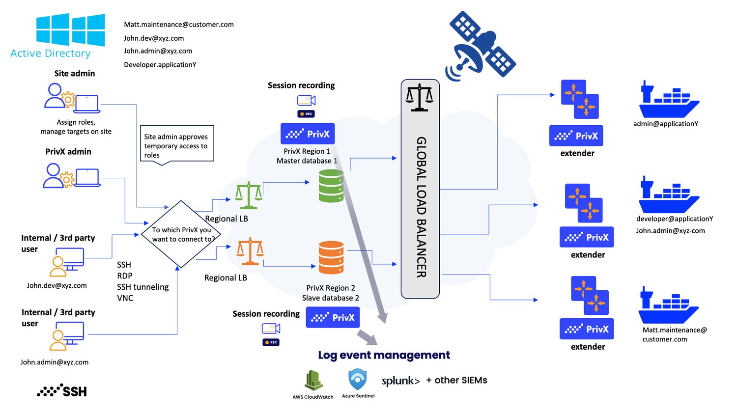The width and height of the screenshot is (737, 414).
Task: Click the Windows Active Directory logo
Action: (70, 30)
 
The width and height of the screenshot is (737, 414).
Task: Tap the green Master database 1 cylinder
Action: (331, 186)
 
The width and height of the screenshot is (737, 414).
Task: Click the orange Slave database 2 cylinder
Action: (331, 257)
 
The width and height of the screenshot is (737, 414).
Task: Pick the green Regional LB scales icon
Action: (249, 195)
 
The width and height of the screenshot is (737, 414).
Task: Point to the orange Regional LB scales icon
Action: (250, 251)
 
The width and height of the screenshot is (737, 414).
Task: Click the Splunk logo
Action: (400, 381)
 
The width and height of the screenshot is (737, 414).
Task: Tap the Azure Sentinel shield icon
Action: (358, 380)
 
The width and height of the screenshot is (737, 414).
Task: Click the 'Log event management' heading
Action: (384, 355)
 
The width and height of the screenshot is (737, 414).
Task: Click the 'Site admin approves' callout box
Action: (177, 144)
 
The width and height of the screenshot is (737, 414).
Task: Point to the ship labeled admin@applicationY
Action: (668, 99)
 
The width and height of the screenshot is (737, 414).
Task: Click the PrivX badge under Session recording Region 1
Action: (308, 134)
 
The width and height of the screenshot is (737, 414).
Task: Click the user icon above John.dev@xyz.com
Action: (67, 262)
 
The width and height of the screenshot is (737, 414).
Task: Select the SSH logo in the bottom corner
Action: (62, 391)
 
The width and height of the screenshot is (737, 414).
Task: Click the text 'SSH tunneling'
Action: (142, 287)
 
